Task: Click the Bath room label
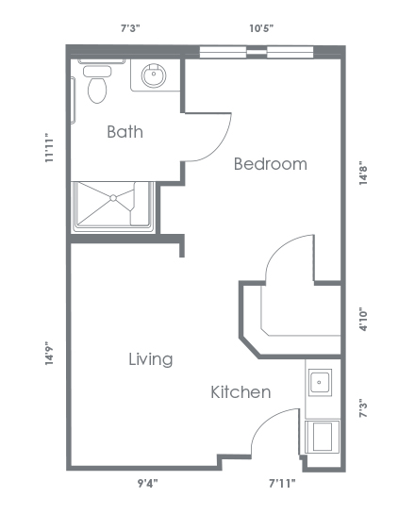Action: point(124,132)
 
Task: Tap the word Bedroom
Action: point(271,164)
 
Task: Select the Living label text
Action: point(151,359)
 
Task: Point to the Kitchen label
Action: point(241,392)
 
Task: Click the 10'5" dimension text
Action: point(261,28)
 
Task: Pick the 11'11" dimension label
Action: point(49,147)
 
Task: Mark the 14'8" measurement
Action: point(363,174)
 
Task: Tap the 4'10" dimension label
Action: point(363,319)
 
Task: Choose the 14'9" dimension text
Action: point(49,354)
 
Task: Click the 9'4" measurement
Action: point(147,484)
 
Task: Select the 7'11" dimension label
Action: point(282,484)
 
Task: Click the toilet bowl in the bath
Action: point(97,90)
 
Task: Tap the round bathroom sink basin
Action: point(154,75)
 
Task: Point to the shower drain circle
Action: point(113,198)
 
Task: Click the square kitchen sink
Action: point(320,382)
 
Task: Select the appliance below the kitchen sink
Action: point(323,437)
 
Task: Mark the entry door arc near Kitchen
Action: point(267,422)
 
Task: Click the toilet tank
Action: point(97,71)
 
